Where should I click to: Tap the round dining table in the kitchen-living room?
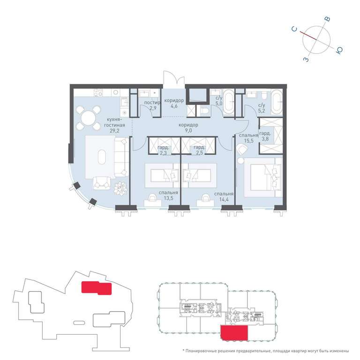point(89,118)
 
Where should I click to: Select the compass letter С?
point(294,29)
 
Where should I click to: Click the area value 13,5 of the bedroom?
point(168,198)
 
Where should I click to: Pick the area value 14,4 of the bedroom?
point(224,199)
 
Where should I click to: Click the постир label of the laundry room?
point(152,102)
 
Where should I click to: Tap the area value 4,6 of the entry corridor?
point(174,106)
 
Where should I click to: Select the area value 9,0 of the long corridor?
point(188,131)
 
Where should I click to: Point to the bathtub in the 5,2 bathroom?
point(277,102)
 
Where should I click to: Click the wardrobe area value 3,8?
point(265,139)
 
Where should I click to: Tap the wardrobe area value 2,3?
point(163,153)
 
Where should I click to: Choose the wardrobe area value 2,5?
point(199,153)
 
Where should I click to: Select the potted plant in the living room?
point(120,188)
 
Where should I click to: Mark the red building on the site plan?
point(97,288)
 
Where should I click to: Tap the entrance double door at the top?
point(174,79)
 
